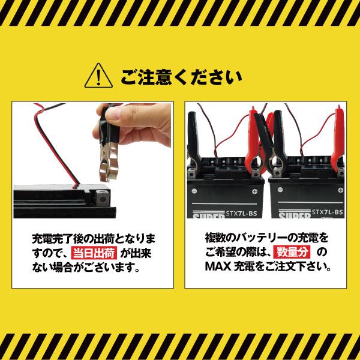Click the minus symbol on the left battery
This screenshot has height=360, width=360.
click(x=256, y=191)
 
